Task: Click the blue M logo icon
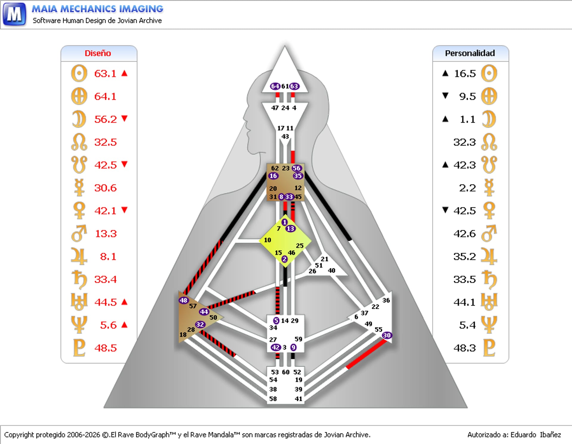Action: tap(14, 14)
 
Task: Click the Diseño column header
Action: tap(98, 53)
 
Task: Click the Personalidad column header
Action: tap(470, 53)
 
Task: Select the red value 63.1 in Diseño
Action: tap(105, 74)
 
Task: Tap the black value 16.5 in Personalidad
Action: tap(465, 74)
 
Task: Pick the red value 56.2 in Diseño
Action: tap(105, 119)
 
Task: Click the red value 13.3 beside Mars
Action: tap(106, 234)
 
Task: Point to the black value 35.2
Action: tap(464, 256)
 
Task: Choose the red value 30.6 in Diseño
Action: tap(105, 188)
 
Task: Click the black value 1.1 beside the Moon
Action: tap(467, 119)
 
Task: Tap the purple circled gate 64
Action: tap(275, 86)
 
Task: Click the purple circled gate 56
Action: tap(296, 168)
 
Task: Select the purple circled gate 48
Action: tap(184, 300)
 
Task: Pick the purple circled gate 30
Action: tap(386, 335)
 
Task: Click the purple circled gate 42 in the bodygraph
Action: tap(275, 347)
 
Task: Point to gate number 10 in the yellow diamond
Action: tap(268, 240)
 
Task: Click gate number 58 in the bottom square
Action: tap(273, 399)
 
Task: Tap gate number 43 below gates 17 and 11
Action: tap(285, 136)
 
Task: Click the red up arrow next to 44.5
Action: tap(125, 302)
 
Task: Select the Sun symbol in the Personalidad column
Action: tap(489, 73)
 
